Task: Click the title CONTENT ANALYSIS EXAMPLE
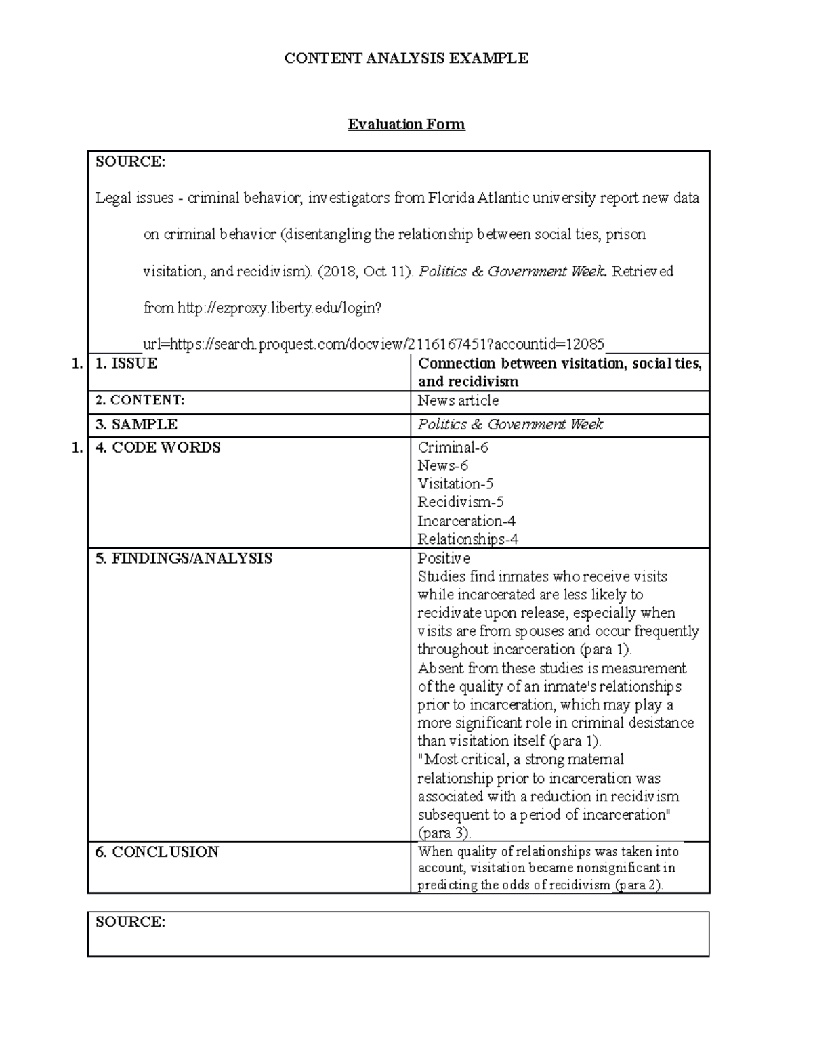pyautogui.click(x=406, y=58)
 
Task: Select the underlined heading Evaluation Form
pyautogui.click(x=406, y=125)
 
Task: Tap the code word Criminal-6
pyautogui.click(x=453, y=448)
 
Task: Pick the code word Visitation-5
pyautogui.click(x=455, y=484)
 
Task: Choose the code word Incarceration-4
pyautogui.click(x=466, y=521)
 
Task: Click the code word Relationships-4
pyautogui.click(x=468, y=539)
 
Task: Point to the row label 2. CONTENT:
pyautogui.click(x=140, y=400)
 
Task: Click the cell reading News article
pyautogui.click(x=458, y=400)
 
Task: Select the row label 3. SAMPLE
pyautogui.click(x=136, y=425)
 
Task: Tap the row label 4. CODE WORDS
pyautogui.click(x=158, y=448)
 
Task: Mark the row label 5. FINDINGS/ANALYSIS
pyautogui.click(x=184, y=558)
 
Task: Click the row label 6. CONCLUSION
pyautogui.click(x=157, y=851)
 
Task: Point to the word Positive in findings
pyautogui.click(x=444, y=558)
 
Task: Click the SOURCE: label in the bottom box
pyautogui.click(x=130, y=922)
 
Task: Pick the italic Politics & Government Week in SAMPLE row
pyautogui.click(x=510, y=425)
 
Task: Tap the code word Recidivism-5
pyautogui.click(x=461, y=502)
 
